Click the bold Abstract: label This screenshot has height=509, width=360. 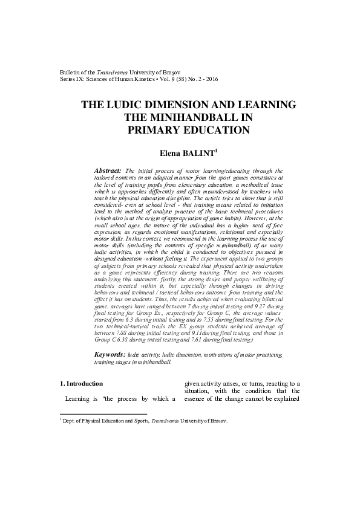coord(109,171)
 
